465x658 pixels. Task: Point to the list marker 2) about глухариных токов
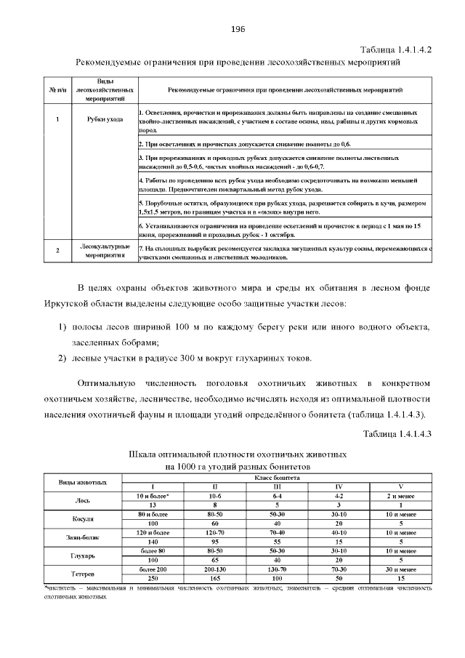point(62,358)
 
